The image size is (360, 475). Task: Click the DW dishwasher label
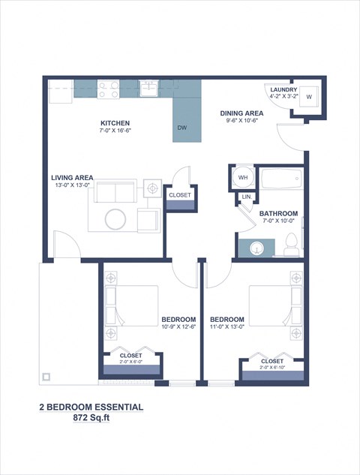[181, 128]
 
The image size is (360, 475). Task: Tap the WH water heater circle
[242, 178]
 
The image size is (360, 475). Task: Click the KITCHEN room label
[115, 123]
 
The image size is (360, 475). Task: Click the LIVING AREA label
[72, 177]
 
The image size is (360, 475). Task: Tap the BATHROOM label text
[278, 214]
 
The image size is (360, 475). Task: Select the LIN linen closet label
[245, 197]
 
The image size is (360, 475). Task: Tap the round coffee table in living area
[115, 219]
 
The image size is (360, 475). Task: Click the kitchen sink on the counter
[149, 89]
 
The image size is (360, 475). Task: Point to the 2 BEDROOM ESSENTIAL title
[91, 407]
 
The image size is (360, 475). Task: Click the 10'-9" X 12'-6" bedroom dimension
[178, 326]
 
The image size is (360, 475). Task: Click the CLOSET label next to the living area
[180, 195]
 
